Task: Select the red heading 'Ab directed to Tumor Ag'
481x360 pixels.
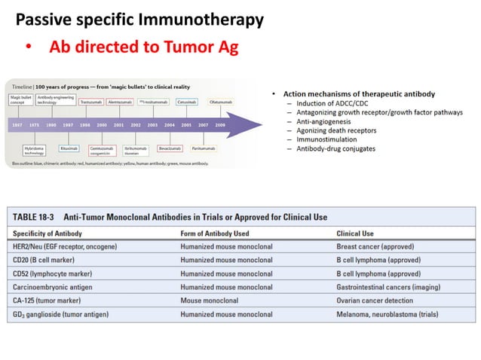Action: point(143,48)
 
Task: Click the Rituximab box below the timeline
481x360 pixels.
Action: point(69,149)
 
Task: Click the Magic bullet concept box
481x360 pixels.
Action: point(20,99)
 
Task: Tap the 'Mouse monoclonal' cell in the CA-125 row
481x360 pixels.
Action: point(212,301)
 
